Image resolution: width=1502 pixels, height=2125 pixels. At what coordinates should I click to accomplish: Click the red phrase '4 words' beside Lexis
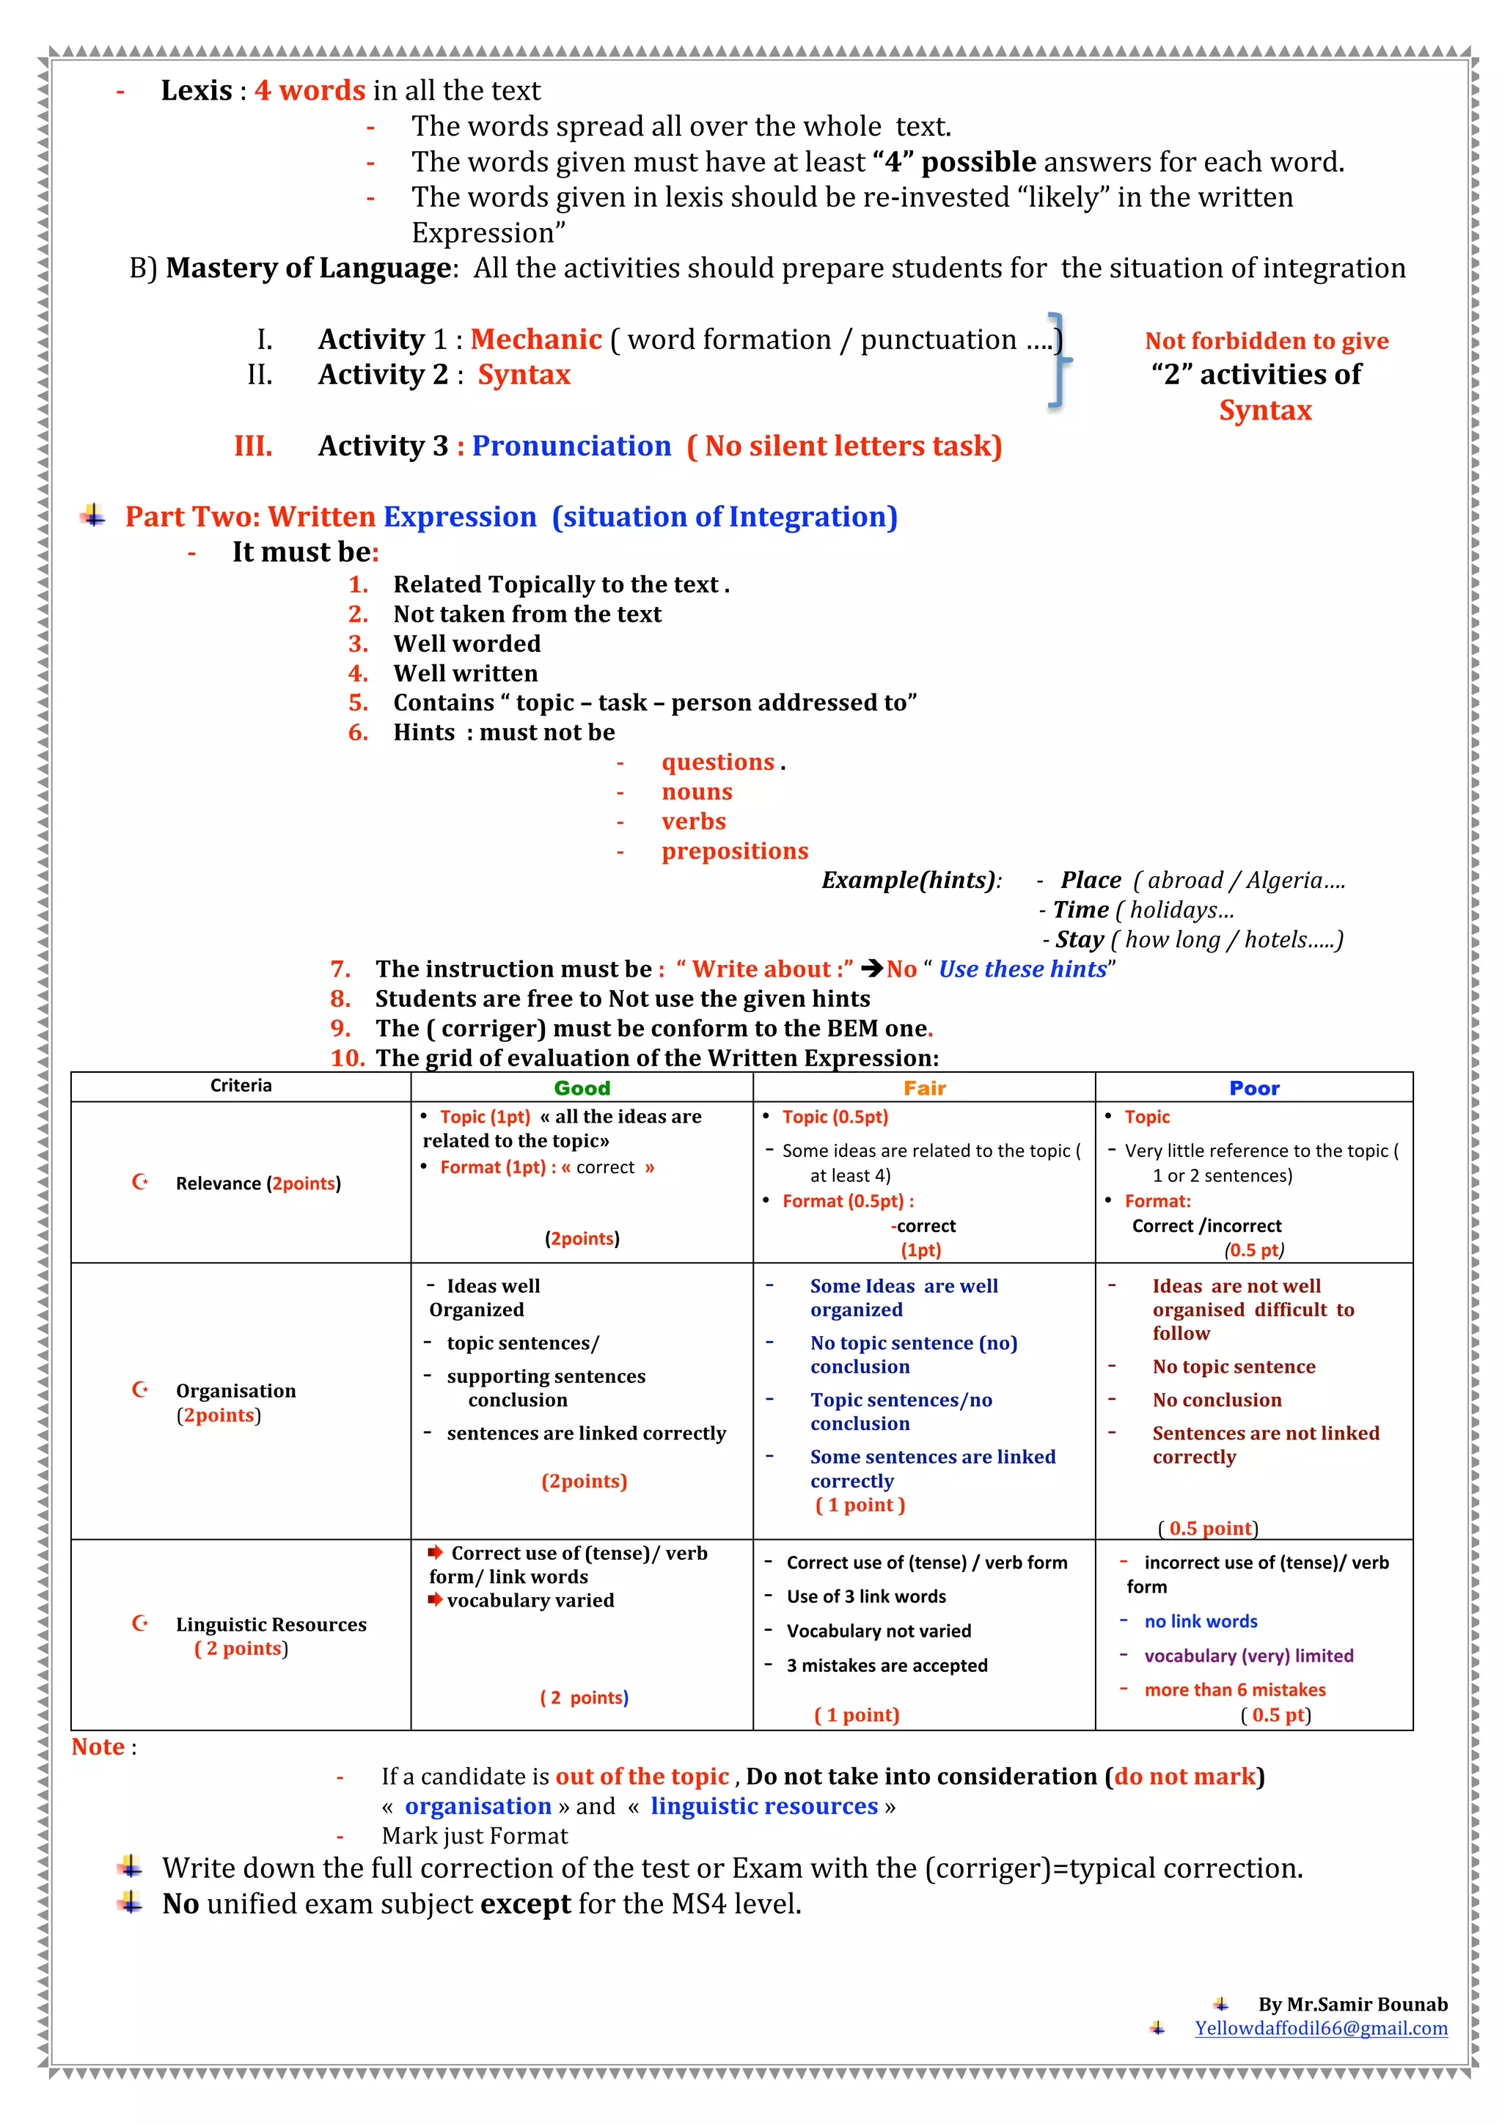pyautogui.click(x=310, y=91)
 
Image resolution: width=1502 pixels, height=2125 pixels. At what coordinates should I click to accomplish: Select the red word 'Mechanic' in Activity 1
pyautogui.click(x=536, y=340)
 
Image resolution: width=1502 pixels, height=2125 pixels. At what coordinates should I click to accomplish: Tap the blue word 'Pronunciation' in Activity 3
pyautogui.click(x=571, y=446)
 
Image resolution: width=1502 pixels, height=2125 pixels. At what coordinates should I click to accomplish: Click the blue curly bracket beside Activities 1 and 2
pyautogui.click(x=1060, y=360)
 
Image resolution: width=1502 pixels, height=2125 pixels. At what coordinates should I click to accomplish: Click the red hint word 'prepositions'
pyautogui.click(x=735, y=851)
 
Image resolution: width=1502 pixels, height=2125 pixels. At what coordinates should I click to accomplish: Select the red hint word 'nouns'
pyautogui.click(x=697, y=792)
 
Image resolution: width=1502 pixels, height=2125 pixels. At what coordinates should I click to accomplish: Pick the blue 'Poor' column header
pyautogui.click(x=1254, y=1088)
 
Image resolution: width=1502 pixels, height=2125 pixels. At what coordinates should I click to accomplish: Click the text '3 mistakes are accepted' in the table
pyautogui.click(x=887, y=1666)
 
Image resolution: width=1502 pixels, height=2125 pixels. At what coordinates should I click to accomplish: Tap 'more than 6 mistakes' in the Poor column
pyautogui.click(x=1234, y=1690)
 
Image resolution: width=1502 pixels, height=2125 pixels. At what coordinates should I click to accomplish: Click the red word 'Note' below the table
pyautogui.click(x=98, y=1747)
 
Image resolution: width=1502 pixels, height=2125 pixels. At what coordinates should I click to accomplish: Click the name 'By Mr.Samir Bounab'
pyautogui.click(x=1352, y=2005)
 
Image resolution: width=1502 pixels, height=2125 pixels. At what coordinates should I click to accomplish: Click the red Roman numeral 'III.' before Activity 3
pyautogui.click(x=252, y=446)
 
